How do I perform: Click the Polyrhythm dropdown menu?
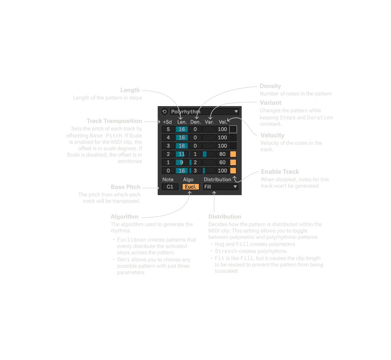tap(204, 111)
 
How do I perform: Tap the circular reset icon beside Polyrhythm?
tap(164, 111)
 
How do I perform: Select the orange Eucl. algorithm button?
tap(190, 187)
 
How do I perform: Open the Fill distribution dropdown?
tap(221, 187)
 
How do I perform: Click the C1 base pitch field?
tap(170, 187)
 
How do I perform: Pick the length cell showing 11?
tap(182, 154)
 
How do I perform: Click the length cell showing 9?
tap(182, 162)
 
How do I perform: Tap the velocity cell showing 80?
tap(222, 154)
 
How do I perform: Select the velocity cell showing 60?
tap(222, 162)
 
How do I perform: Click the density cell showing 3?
tap(195, 171)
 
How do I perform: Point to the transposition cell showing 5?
tap(168, 129)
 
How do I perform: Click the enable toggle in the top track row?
tap(233, 129)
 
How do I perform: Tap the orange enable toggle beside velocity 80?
tap(233, 154)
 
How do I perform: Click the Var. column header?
tap(209, 122)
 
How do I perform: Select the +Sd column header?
tap(167, 122)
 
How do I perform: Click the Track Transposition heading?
tap(114, 121)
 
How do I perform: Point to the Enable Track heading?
tap(280, 172)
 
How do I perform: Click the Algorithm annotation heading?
tap(124, 217)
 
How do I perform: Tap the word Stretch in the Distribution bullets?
tap(226, 251)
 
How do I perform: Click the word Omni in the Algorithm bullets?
tap(123, 260)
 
